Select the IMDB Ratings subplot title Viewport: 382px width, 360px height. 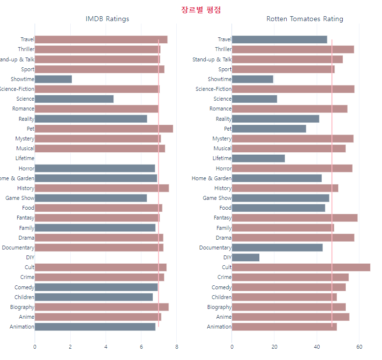point(107,19)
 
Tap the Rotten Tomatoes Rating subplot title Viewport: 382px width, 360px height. point(304,19)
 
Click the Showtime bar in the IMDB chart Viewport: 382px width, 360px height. point(53,79)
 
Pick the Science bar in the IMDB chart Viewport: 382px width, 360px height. point(74,99)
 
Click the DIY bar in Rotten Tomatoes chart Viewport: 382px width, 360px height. point(246,257)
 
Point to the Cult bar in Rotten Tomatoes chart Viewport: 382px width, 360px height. point(300,267)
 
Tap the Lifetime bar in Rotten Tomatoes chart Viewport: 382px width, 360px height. point(258,158)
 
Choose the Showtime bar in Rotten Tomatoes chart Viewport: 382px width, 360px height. point(252,79)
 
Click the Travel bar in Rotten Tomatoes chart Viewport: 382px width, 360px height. point(279,39)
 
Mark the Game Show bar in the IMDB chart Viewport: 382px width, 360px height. point(90,198)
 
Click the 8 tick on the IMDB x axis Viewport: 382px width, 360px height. point(177,347)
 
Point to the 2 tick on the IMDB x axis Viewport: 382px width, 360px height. point(70,347)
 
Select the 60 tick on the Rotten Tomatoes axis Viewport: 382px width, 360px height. point(359,347)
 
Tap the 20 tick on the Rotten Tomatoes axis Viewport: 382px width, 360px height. point(274,347)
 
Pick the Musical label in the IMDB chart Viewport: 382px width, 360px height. point(25,148)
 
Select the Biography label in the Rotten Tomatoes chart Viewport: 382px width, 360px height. point(218,307)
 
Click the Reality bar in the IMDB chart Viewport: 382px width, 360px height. point(91,119)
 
